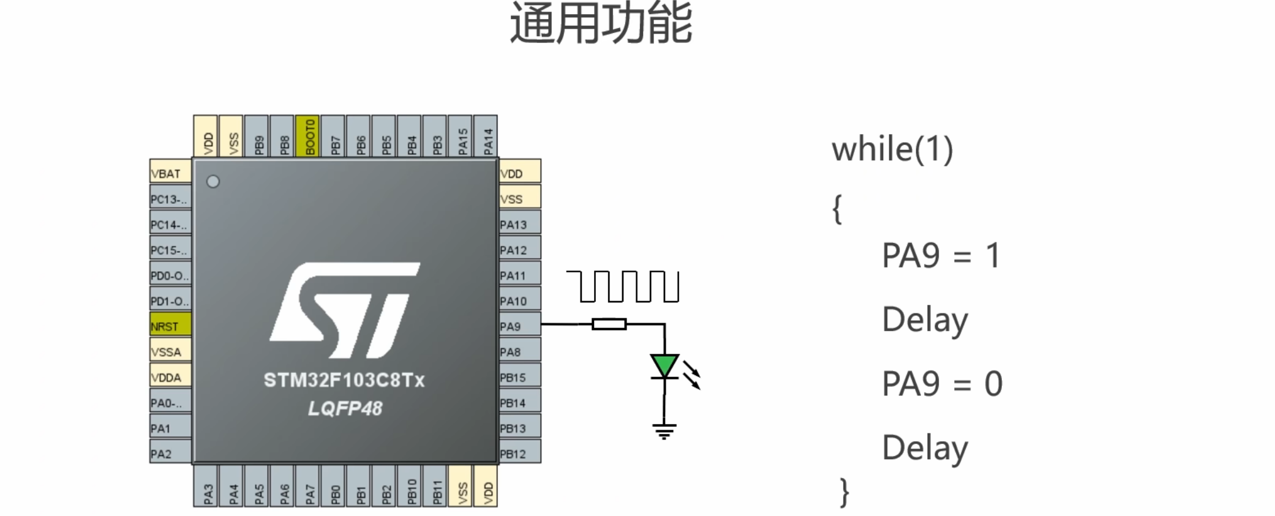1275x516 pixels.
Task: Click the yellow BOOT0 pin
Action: coord(307,136)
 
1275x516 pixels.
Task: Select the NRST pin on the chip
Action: coord(170,326)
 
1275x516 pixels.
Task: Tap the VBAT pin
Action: coord(170,173)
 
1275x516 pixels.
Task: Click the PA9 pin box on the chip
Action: coord(519,326)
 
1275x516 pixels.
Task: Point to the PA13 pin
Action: coord(519,224)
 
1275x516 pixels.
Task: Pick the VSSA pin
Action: coord(170,351)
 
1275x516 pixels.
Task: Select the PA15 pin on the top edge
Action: coord(462,136)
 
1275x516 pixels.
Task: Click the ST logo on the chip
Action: coord(345,310)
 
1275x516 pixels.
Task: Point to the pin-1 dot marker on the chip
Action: coord(213,182)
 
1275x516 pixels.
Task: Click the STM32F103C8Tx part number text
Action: coord(344,380)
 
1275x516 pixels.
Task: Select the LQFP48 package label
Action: coord(345,408)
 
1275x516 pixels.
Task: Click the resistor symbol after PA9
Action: coord(609,324)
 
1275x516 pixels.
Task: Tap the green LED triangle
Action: coord(664,365)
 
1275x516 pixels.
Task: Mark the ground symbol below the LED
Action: coord(664,432)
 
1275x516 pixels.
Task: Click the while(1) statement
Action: coord(892,149)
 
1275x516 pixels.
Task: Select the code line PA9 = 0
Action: coord(942,384)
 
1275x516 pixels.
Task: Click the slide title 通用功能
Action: coord(601,23)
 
